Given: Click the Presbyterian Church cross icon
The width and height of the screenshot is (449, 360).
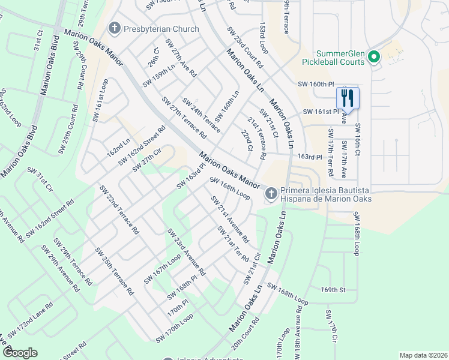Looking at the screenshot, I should pos(114,28).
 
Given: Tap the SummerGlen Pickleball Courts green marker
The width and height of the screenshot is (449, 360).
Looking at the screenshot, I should pos(373,58).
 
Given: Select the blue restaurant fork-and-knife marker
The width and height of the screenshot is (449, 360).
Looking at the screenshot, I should pos(348,97).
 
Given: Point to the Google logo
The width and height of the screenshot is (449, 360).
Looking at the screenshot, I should pos(19,353).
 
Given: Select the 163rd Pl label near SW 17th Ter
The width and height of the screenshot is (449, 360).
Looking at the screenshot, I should pos(310,157).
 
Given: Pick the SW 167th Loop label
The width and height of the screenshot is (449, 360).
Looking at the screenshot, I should pos(162,270).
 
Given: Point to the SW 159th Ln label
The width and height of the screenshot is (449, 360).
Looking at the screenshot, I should pos(159,76).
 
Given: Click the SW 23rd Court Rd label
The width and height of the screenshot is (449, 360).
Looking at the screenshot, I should pos(245,47).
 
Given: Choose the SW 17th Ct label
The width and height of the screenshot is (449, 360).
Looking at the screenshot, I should pos(332,327).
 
